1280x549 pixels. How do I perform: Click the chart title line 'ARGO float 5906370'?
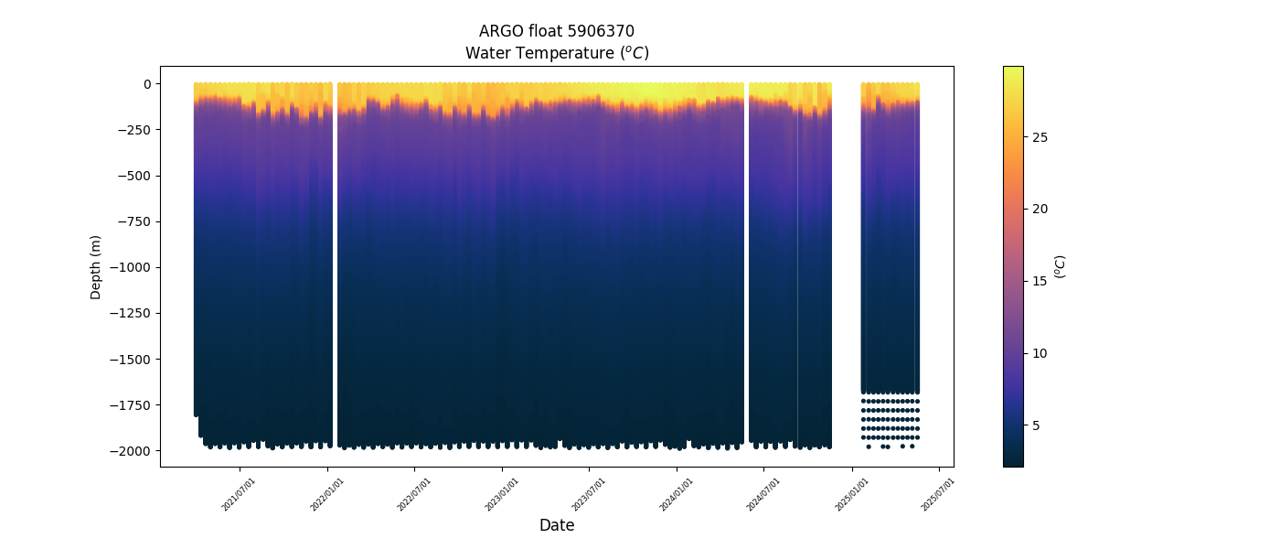(556, 31)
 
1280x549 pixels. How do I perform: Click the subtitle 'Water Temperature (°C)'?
(556, 53)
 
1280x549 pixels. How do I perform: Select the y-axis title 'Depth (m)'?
(96, 267)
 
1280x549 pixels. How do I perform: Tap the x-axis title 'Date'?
(556, 525)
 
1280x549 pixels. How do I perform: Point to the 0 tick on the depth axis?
(146, 84)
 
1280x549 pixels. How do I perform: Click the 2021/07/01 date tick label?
(240, 494)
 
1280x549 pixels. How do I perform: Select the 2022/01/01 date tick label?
(327, 494)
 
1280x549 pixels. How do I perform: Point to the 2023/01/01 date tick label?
(502, 494)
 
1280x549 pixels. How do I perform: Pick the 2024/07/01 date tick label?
(764, 494)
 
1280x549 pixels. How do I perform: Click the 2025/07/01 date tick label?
(939, 494)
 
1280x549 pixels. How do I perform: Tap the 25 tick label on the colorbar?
(1040, 137)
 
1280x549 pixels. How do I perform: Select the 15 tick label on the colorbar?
(1040, 281)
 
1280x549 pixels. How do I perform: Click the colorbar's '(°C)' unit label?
(1061, 266)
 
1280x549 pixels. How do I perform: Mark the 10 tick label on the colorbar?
(1040, 353)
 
